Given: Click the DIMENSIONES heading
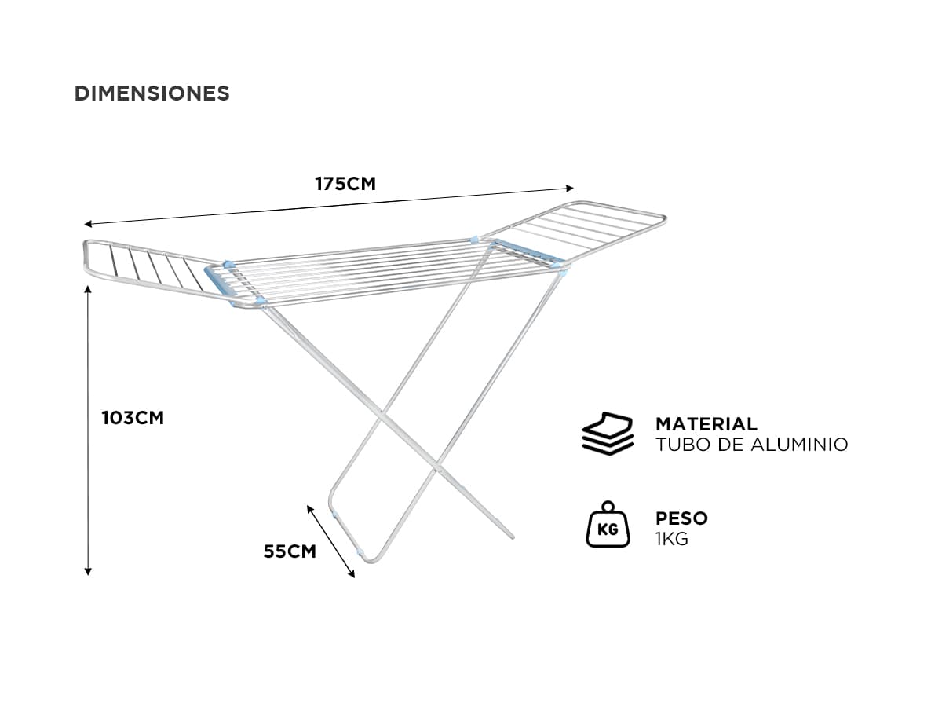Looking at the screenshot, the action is click(x=152, y=93).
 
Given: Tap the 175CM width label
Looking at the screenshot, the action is click(x=345, y=184).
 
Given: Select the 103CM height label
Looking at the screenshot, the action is click(x=133, y=418).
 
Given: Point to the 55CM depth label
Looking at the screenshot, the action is click(x=290, y=551).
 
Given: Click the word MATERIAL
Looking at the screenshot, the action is click(x=706, y=424).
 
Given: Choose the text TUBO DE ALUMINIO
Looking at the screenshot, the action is click(x=752, y=445).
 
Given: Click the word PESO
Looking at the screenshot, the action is click(x=681, y=518).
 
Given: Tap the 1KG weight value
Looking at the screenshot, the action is click(x=672, y=539).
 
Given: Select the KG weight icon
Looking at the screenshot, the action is click(x=608, y=525).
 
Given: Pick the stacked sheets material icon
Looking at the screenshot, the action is click(x=608, y=434).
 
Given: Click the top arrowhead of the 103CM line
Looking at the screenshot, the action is click(x=88, y=288).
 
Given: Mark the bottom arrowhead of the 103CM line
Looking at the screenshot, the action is click(x=88, y=572).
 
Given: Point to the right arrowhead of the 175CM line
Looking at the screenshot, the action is click(x=571, y=188).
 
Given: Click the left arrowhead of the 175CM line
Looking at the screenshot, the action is click(x=88, y=224).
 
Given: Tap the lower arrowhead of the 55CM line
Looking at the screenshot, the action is click(x=352, y=575).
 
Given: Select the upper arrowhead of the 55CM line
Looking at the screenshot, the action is click(x=310, y=509).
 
